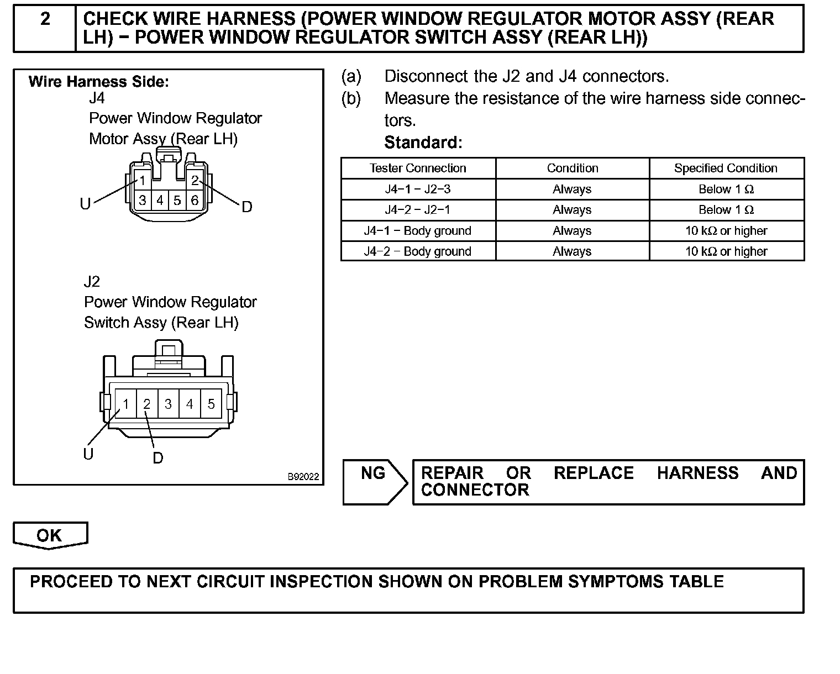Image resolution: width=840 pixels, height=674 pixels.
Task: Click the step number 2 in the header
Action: pyautogui.click(x=45, y=19)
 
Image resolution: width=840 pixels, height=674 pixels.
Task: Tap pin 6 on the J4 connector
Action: pyautogui.click(x=195, y=200)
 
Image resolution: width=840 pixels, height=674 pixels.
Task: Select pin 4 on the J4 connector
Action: pyautogui.click(x=160, y=200)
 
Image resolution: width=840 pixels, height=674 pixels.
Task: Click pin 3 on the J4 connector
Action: pyautogui.click(x=143, y=200)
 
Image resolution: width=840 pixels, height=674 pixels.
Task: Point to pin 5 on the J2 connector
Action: pyautogui.click(x=211, y=404)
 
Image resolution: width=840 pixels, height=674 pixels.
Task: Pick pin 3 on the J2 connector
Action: pyautogui.click(x=168, y=404)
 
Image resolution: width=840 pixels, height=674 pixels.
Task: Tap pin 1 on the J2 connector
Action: pyautogui.click(x=126, y=404)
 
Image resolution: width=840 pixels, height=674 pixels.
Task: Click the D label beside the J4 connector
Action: pyautogui.click(x=247, y=207)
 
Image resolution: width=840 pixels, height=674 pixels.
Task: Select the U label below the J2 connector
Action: pyautogui.click(x=88, y=454)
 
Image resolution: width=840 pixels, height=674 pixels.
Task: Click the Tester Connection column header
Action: pyautogui.click(x=418, y=168)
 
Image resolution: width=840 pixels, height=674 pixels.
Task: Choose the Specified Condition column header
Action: pyautogui.click(x=726, y=168)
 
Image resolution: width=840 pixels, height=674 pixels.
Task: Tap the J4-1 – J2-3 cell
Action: pyautogui.click(x=418, y=189)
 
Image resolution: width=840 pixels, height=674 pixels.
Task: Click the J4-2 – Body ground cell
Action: pyautogui.click(x=418, y=252)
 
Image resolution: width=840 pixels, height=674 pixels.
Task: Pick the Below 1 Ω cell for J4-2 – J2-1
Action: pyautogui.click(x=726, y=210)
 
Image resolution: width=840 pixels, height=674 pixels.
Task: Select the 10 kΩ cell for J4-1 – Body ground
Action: pyautogui.click(x=726, y=231)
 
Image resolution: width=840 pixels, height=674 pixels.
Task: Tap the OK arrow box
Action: pyautogui.click(x=50, y=535)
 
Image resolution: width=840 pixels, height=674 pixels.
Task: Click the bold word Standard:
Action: pyautogui.click(x=423, y=143)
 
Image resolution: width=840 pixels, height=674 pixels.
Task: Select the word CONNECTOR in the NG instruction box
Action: pyautogui.click(x=475, y=490)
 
